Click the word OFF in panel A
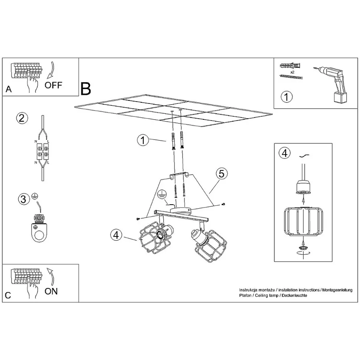pyautogui.click(x=53, y=85)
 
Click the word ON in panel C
pyautogui.click(x=51, y=291)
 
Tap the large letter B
pyautogui.click(x=86, y=89)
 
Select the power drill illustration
pyautogui.click(x=331, y=84)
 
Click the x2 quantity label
pyautogui.click(x=292, y=72)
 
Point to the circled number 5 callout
pyautogui.click(x=221, y=174)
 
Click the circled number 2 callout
pyautogui.click(x=22, y=118)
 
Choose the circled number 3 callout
pyautogui.click(x=24, y=199)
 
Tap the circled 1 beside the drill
pyautogui.click(x=287, y=97)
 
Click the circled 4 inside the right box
pyautogui.click(x=285, y=153)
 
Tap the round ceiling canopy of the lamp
pyautogui.click(x=180, y=210)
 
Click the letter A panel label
pyautogui.click(x=9, y=89)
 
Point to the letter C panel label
pyautogui.click(x=8, y=295)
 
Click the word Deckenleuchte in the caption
pyautogui.click(x=294, y=295)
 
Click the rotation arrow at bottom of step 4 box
pyautogui.click(x=303, y=252)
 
